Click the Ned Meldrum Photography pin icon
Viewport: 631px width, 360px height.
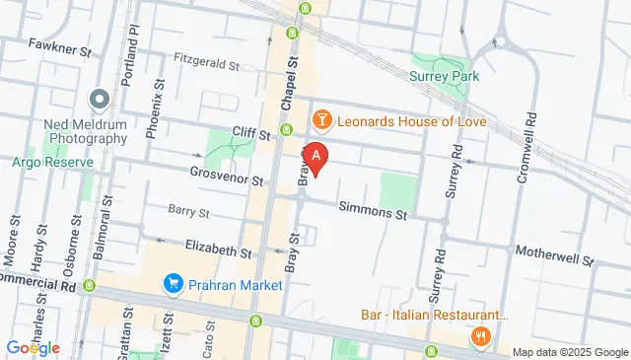click(x=99, y=100)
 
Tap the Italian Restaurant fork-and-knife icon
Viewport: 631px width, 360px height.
click(x=481, y=336)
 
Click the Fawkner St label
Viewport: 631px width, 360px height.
click(x=60, y=45)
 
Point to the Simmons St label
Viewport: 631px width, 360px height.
click(x=373, y=210)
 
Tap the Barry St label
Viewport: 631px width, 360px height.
click(x=188, y=211)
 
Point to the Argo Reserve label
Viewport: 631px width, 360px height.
click(x=45, y=161)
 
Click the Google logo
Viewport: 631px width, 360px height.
click(x=33, y=347)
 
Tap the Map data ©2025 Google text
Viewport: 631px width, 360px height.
click(x=570, y=352)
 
